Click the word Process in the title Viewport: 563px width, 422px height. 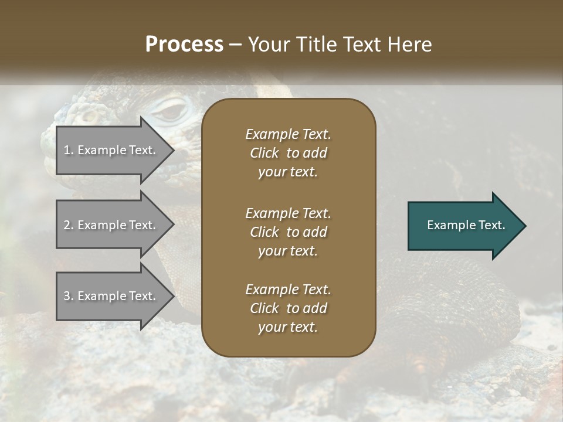tap(184, 45)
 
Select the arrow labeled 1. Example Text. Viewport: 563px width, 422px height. tap(111, 150)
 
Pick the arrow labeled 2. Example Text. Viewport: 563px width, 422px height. tap(111, 225)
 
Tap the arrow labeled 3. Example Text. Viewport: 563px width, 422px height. tap(111, 296)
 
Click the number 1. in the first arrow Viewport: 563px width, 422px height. tap(68, 150)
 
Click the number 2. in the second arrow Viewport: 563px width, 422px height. tap(69, 225)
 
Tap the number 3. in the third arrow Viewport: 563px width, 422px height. tap(69, 296)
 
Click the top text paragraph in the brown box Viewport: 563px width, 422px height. tap(288, 153)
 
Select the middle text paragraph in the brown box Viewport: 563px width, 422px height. tap(288, 232)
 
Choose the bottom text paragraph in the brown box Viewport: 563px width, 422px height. tap(288, 308)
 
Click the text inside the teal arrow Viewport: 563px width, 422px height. tap(466, 225)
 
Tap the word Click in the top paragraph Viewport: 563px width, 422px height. tap(264, 153)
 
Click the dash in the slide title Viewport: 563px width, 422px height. tap(236, 45)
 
